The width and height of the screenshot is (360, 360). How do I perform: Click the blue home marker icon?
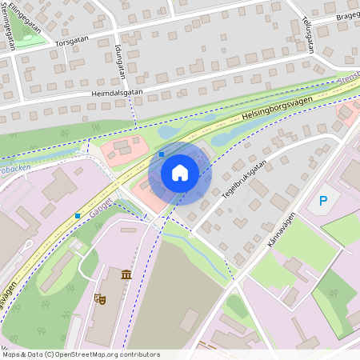click(180, 173)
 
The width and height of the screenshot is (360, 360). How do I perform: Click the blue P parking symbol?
click(324, 201)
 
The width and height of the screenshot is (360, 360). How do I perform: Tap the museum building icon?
click(126, 276)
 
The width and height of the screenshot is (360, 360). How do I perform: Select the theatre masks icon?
click(100, 298)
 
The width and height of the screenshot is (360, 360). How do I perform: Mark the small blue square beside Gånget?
click(78, 215)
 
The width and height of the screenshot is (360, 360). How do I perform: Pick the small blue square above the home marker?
click(162, 153)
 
